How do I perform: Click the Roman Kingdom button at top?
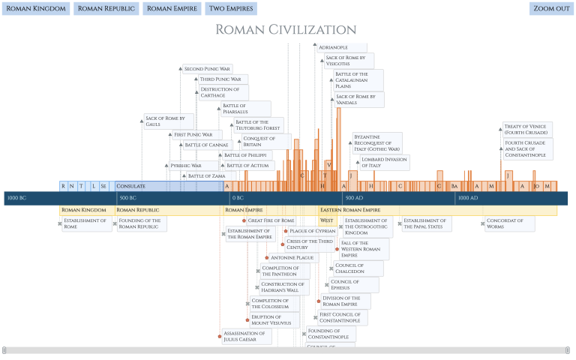pyautogui.click(x=36, y=9)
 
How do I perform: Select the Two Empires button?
pyautogui.click(x=231, y=9)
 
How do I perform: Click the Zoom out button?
pyautogui.click(x=551, y=9)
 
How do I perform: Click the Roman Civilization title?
pyautogui.click(x=286, y=30)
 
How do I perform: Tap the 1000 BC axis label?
pyautogui.click(x=16, y=198)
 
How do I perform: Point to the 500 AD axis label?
pyautogui.click(x=353, y=198)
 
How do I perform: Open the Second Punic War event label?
pyautogui.click(x=207, y=69)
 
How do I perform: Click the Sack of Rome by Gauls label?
pyautogui.click(x=169, y=121)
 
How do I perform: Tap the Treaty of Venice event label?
pyautogui.click(x=528, y=130)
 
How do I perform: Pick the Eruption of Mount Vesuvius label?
pyautogui.click(x=273, y=320)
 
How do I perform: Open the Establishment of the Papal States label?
pyautogui.click(x=426, y=223)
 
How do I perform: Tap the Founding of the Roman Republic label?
pyautogui.click(x=142, y=223)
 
